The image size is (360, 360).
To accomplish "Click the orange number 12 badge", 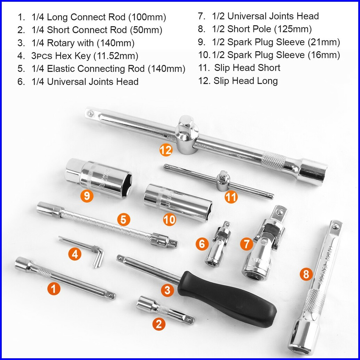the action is (x=166, y=150).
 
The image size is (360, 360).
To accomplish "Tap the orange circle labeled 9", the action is (x=87, y=196).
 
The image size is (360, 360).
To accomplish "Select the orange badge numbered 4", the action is (x=75, y=254).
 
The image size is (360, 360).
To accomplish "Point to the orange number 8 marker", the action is (x=306, y=274).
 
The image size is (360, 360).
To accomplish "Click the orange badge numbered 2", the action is (x=159, y=324).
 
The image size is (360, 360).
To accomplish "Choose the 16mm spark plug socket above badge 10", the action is (x=178, y=202).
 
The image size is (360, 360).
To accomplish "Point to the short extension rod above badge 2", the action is (x=165, y=310).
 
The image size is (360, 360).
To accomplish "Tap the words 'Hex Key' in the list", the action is (x=73, y=56).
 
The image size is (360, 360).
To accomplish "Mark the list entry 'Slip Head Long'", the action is (x=246, y=81).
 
